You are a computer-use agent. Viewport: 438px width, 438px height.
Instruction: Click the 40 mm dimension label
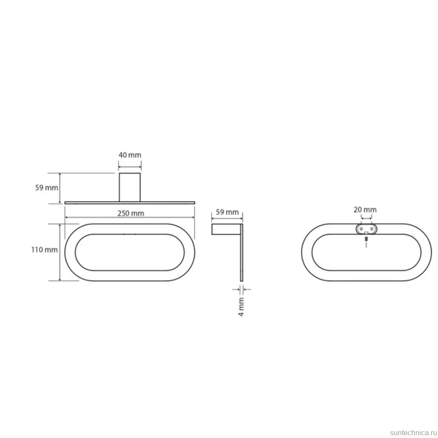click(130, 155)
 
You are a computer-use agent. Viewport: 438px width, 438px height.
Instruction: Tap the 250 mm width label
click(131, 214)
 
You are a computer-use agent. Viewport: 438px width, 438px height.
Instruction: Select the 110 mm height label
click(44, 250)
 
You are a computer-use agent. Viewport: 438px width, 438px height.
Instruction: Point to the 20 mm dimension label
click(365, 210)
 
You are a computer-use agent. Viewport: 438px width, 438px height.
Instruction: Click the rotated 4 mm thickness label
click(241, 307)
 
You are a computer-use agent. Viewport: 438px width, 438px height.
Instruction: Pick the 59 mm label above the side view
click(228, 212)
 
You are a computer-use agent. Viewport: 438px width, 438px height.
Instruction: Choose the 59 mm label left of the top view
click(47, 188)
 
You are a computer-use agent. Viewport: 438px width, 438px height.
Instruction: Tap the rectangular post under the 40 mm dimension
click(130, 187)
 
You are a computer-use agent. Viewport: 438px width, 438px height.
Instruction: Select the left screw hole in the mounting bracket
click(361, 229)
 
